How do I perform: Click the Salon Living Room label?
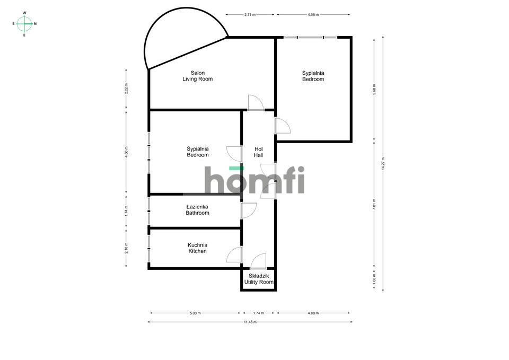(x=197, y=76)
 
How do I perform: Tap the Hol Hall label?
(x=259, y=152)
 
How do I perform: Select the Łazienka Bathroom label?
(x=197, y=210)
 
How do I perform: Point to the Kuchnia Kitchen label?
(x=197, y=248)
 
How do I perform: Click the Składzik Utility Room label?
(x=259, y=279)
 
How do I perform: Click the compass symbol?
(x=24, y=23)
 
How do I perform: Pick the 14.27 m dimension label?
(x=383, y=162)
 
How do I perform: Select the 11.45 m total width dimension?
(x=250, y=322)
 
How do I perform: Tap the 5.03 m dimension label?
(x=195, y=313)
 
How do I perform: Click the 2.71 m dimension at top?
(x=250, y=15)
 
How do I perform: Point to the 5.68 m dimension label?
(x=374, y=88)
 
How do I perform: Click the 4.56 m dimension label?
(x=126, y=152)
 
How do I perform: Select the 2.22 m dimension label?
(x=126, y=89)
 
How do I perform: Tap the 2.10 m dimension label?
(x=126, y=248)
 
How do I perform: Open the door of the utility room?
(x=259, y=261)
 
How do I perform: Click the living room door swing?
(x=255, y=102)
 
